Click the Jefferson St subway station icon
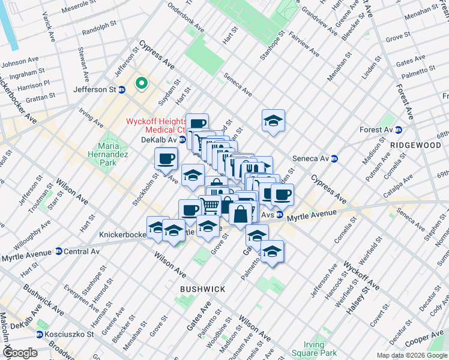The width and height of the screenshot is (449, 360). [122, 90]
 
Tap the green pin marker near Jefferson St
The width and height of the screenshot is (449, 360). [142, 83]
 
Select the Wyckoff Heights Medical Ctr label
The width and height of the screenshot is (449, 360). [155, 125]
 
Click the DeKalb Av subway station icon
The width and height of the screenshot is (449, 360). [182, 139]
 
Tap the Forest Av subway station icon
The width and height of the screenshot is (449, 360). [398, 130]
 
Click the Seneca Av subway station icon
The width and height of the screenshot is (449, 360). [336, 158]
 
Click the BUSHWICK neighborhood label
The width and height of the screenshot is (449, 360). [203, 289]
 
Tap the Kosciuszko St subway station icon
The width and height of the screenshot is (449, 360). [40, 334]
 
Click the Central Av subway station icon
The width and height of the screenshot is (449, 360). [58, 251]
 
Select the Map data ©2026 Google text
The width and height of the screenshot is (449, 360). [411, 355]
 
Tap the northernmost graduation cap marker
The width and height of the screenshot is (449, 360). [273, 121]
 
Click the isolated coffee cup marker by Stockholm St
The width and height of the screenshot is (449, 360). [166, 159]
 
